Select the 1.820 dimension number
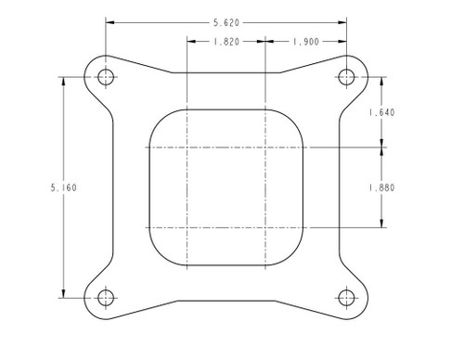[x=226, y=42]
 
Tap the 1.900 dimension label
[x=306, y=42]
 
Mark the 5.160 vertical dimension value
[x=63, y=186]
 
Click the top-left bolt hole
[x=105, y=76]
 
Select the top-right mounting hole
[x=347, y=76]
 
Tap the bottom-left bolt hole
[x=105, y=297]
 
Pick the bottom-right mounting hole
[x=347, y=297]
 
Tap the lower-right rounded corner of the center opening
[x=293, y=255]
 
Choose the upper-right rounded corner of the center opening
[x=293, y=118]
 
